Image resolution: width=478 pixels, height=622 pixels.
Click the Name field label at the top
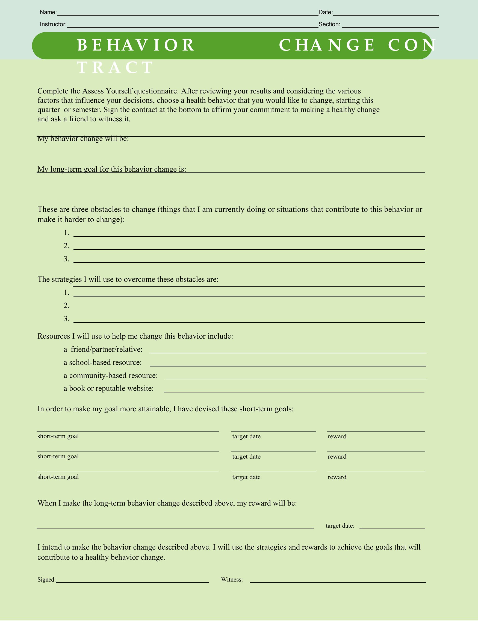point(48,12)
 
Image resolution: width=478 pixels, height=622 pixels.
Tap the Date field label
point(326,12)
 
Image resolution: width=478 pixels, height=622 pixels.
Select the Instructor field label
point(53,24)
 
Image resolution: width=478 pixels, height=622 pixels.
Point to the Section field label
point(329,24)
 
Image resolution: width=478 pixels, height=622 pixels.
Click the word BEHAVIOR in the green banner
point(136,45)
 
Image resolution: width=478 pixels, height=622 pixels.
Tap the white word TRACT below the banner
point(115,68)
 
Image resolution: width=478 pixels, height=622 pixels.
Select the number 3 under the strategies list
point(67,319)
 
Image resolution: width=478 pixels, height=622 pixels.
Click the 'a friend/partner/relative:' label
point(103,349)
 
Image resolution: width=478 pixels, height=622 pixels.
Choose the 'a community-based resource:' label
point(111,375)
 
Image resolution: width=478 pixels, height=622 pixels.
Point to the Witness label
point(232,580)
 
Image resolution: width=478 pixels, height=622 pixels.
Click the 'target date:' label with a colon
point(340,526)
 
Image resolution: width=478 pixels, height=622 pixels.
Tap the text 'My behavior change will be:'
point(83,139)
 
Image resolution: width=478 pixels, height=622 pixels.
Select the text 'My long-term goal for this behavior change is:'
point(112,169)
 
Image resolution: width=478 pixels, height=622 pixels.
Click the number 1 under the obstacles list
point(67,233)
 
